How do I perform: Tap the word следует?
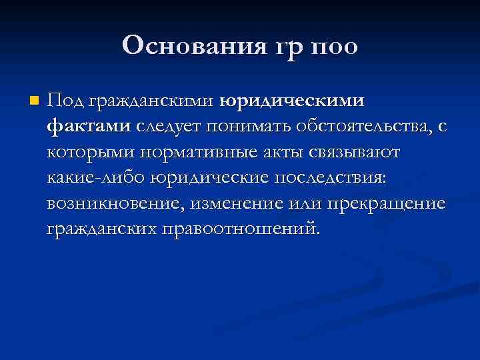[170, 127]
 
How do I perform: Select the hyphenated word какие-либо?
[96, 178]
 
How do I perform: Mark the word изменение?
[228, 203]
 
